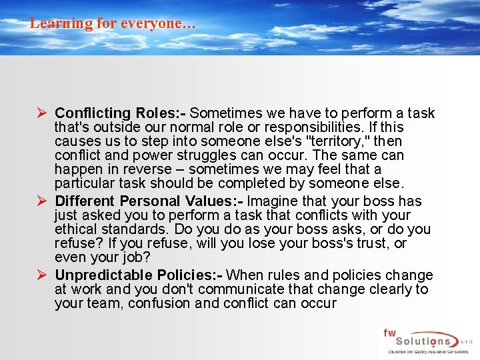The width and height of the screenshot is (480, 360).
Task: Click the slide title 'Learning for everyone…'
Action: [113, 23]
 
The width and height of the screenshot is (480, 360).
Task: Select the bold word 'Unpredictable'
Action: [103, 275]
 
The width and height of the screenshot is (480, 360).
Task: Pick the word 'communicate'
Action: [243, 289]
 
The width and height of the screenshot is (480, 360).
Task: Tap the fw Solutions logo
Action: [427, 342]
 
